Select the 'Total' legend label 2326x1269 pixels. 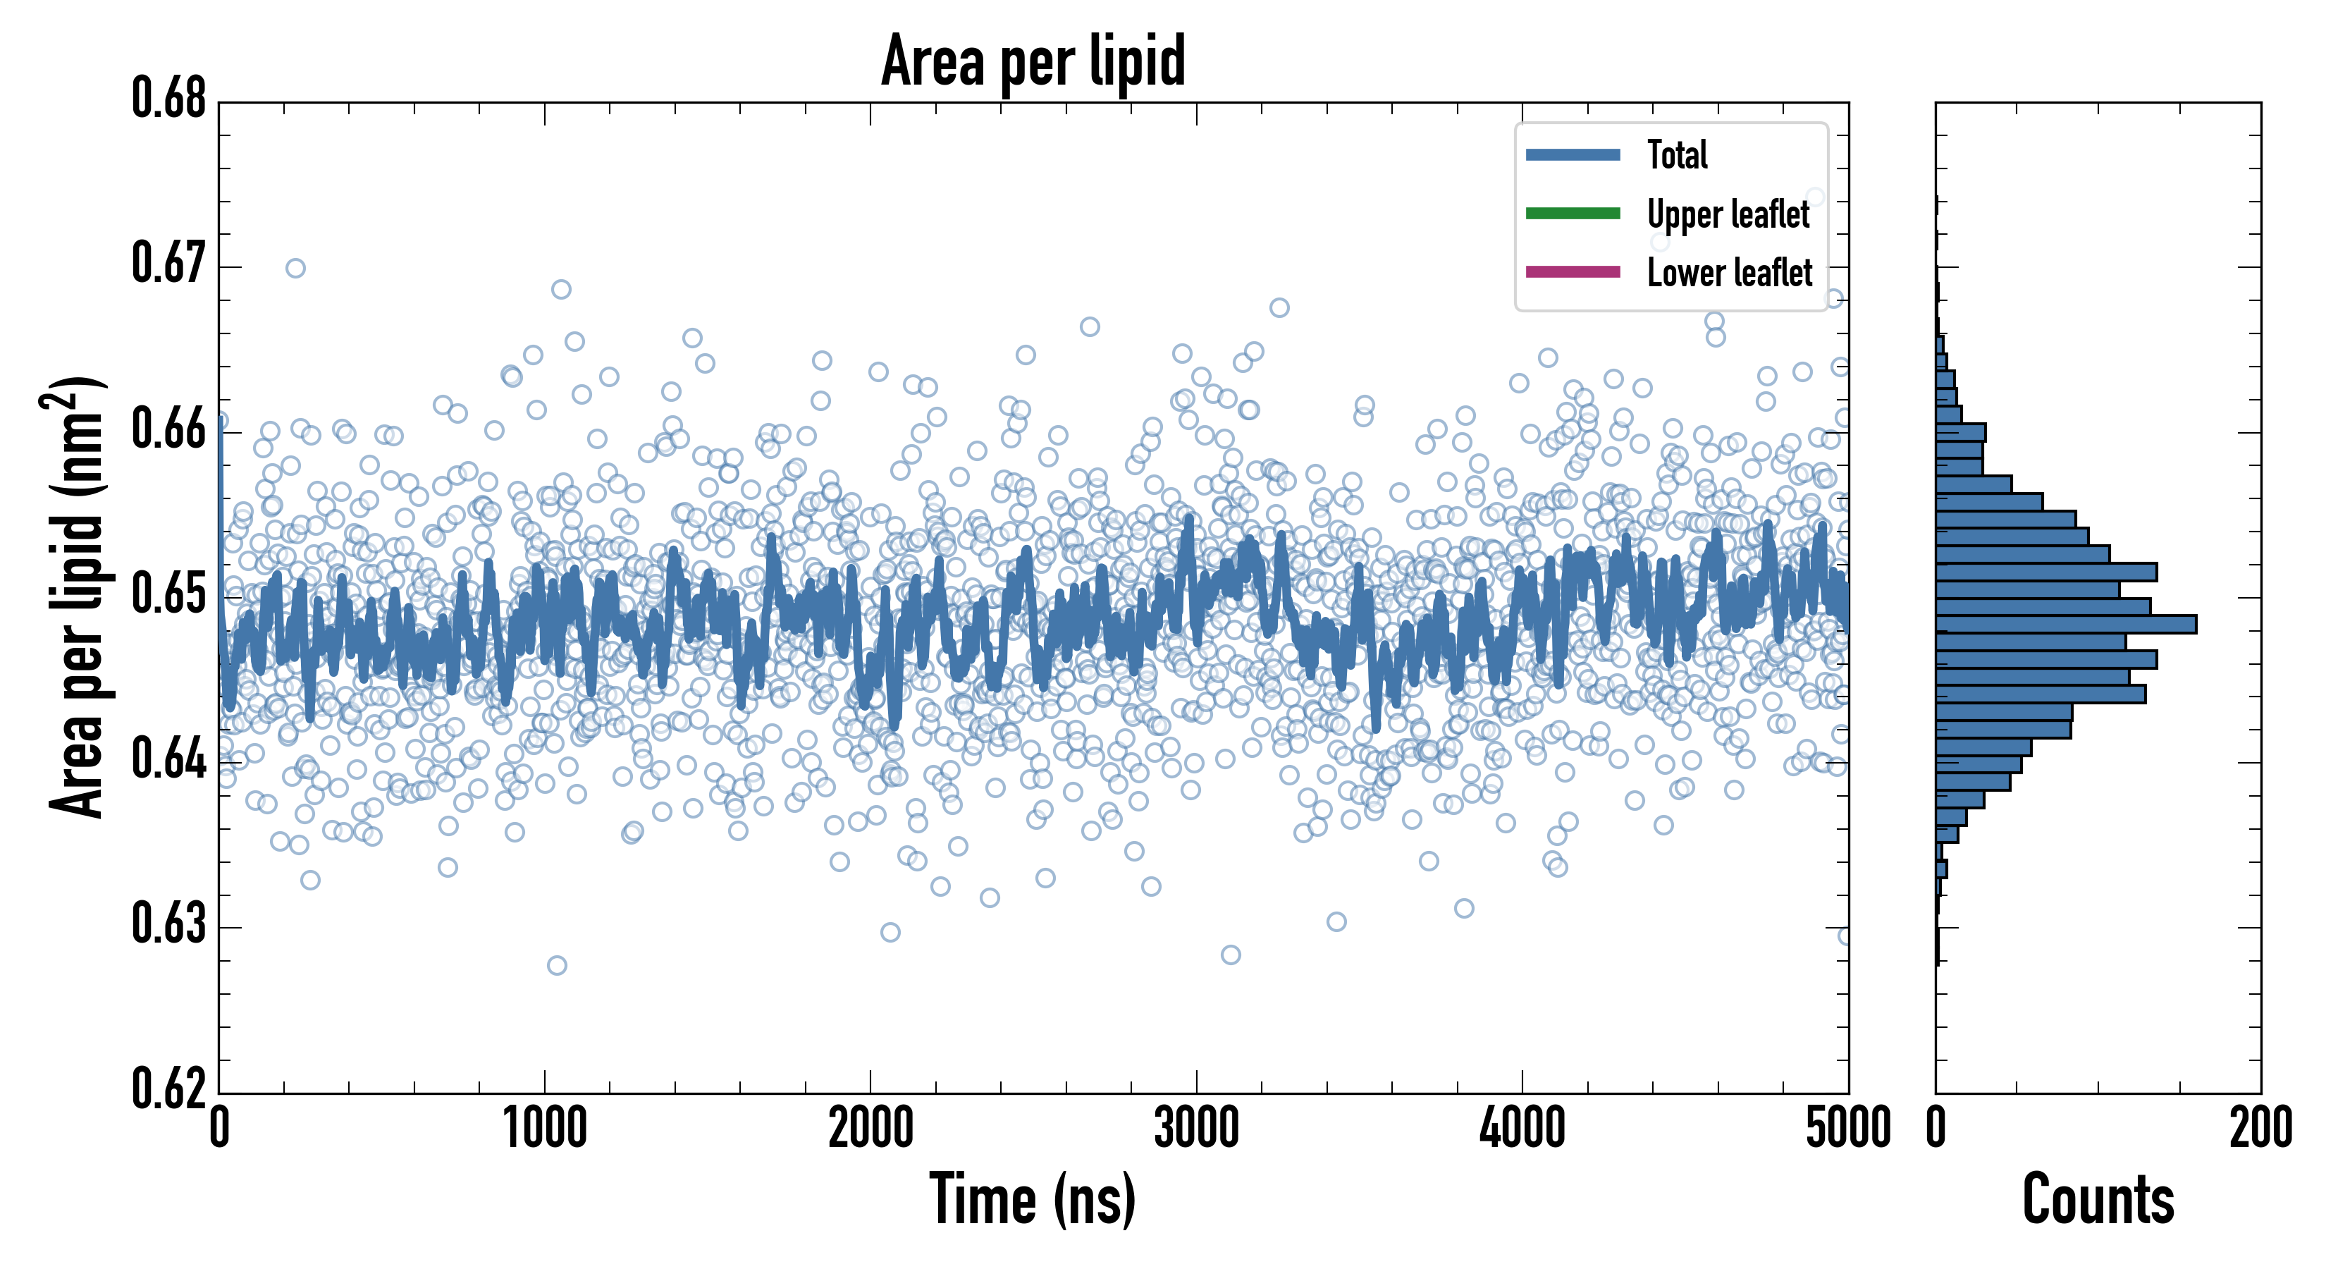click(1677, 154)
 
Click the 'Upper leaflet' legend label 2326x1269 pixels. click(1728, 214)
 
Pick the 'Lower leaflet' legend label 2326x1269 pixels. click(1729, 272)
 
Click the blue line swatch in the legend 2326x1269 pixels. click(1573, 154)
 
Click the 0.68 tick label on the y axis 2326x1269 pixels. click(169, 99)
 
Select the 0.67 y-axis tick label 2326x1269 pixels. click(169, 264)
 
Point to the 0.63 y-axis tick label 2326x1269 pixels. click(169, 924)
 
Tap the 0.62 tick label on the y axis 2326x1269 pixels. click(169, 1089)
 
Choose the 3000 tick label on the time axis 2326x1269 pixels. click(1196, 1129)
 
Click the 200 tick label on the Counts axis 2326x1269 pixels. click(2260, 1129)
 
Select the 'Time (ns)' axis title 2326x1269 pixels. click(1033, 1199)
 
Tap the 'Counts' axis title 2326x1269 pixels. click(2098, 1199)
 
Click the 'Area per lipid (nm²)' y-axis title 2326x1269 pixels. click(77, 597)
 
